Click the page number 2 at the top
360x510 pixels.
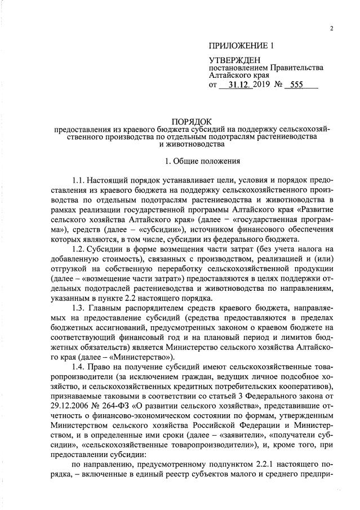click(332, 29)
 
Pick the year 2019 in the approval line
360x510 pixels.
click(261, 85)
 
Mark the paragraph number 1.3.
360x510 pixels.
click(80, 308)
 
